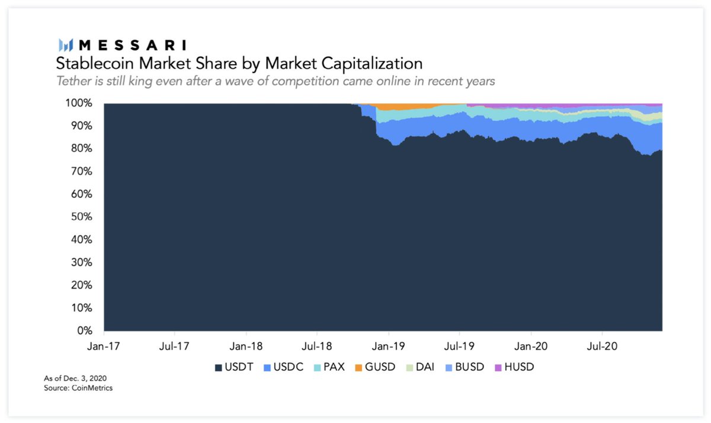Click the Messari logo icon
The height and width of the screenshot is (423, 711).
tap(65, 45)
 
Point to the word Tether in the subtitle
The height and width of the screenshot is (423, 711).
tap(73, 81)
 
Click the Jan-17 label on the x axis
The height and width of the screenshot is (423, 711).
tap(104, 345)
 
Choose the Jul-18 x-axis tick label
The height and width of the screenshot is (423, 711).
tap(316, 345)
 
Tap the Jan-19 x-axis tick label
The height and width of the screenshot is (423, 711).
tap(388, 345)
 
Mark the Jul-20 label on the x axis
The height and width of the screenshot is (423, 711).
tap(602, 345)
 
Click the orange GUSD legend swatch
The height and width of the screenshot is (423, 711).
tap(358, 367)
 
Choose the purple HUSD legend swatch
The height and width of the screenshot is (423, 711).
tap(497, 367)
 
